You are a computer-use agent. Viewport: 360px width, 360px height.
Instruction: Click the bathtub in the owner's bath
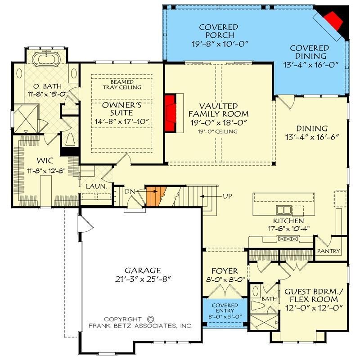point(47,59)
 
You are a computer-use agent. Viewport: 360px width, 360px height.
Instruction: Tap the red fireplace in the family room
point(171,113)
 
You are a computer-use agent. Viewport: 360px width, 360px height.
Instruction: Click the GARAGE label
point(143,270)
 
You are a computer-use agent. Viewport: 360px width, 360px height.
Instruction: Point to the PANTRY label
point(328,251)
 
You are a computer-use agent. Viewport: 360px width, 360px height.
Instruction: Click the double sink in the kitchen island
point(284,210)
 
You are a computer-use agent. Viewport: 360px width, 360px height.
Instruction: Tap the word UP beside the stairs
point(227,196)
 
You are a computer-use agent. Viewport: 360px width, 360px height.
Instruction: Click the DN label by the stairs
point(130,191)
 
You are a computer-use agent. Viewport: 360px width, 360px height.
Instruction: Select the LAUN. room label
point(97,186)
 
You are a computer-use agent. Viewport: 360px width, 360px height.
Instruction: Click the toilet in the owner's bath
point(69,139)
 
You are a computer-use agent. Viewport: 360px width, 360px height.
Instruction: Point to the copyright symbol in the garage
point(150,319)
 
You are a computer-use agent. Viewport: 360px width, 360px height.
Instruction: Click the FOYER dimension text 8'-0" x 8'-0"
point(225,279)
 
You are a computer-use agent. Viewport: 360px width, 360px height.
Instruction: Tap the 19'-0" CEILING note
point(218,131)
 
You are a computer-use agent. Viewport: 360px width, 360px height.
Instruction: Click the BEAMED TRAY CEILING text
point(122,85)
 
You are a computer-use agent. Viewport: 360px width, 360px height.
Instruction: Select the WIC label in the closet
point(45,161)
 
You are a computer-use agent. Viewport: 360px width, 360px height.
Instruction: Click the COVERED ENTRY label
point(225,308)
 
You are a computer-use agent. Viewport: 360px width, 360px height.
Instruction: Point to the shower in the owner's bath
point(26,118)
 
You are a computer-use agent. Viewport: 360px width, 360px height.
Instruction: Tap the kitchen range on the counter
point(288,239)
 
